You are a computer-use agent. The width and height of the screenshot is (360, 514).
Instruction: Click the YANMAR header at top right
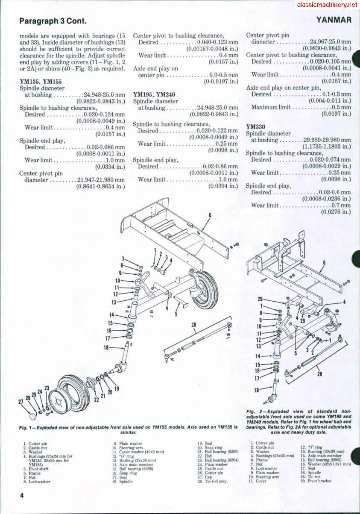334,20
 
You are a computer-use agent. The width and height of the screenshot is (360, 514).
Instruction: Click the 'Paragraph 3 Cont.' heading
53,21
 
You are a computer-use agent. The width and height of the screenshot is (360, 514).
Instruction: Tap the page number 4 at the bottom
21,495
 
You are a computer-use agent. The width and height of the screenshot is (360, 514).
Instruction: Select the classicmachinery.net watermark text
326,5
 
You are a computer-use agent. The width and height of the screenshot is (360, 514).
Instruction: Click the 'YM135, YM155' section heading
41,81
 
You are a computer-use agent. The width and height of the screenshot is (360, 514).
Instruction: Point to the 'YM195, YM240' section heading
154,94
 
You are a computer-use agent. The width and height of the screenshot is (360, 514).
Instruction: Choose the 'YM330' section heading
255,127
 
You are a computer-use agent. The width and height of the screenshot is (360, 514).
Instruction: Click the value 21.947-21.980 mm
101,180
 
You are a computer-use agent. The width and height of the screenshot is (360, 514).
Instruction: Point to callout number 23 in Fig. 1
47,388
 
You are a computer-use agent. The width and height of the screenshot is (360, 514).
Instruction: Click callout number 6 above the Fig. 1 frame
210,215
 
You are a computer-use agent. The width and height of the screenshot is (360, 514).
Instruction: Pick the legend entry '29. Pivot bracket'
317,481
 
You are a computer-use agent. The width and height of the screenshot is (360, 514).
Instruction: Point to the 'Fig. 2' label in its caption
254,411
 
